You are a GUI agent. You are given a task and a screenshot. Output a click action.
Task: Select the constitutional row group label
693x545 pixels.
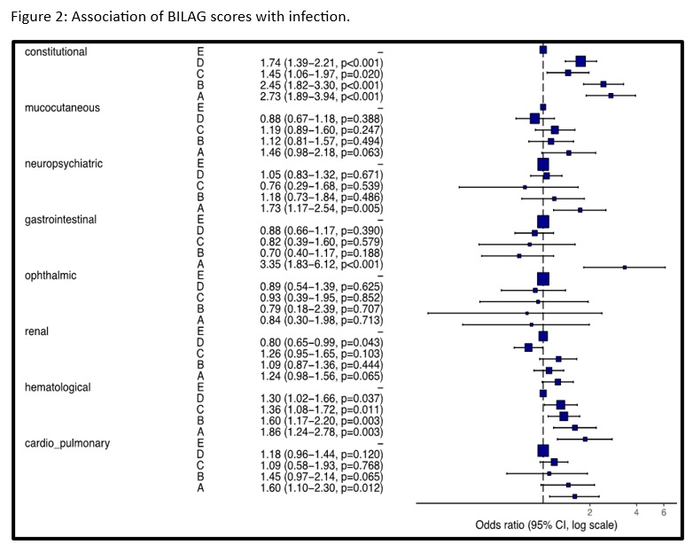click(56, 52)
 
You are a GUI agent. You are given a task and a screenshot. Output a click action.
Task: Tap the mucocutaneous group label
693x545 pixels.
click(61, 108)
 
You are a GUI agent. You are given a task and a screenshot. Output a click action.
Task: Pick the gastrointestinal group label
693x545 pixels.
click(61, 220)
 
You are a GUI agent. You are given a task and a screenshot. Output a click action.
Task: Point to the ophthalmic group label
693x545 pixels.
click(51, 276)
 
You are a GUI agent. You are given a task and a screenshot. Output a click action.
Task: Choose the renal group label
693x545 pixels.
click(37, 331)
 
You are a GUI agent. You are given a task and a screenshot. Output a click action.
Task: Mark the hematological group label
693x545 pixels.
click(58, 387)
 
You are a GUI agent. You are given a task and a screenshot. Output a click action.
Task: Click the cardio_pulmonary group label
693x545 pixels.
click(67, 443)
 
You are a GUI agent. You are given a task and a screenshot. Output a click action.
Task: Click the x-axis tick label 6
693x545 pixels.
click(664, 512)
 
